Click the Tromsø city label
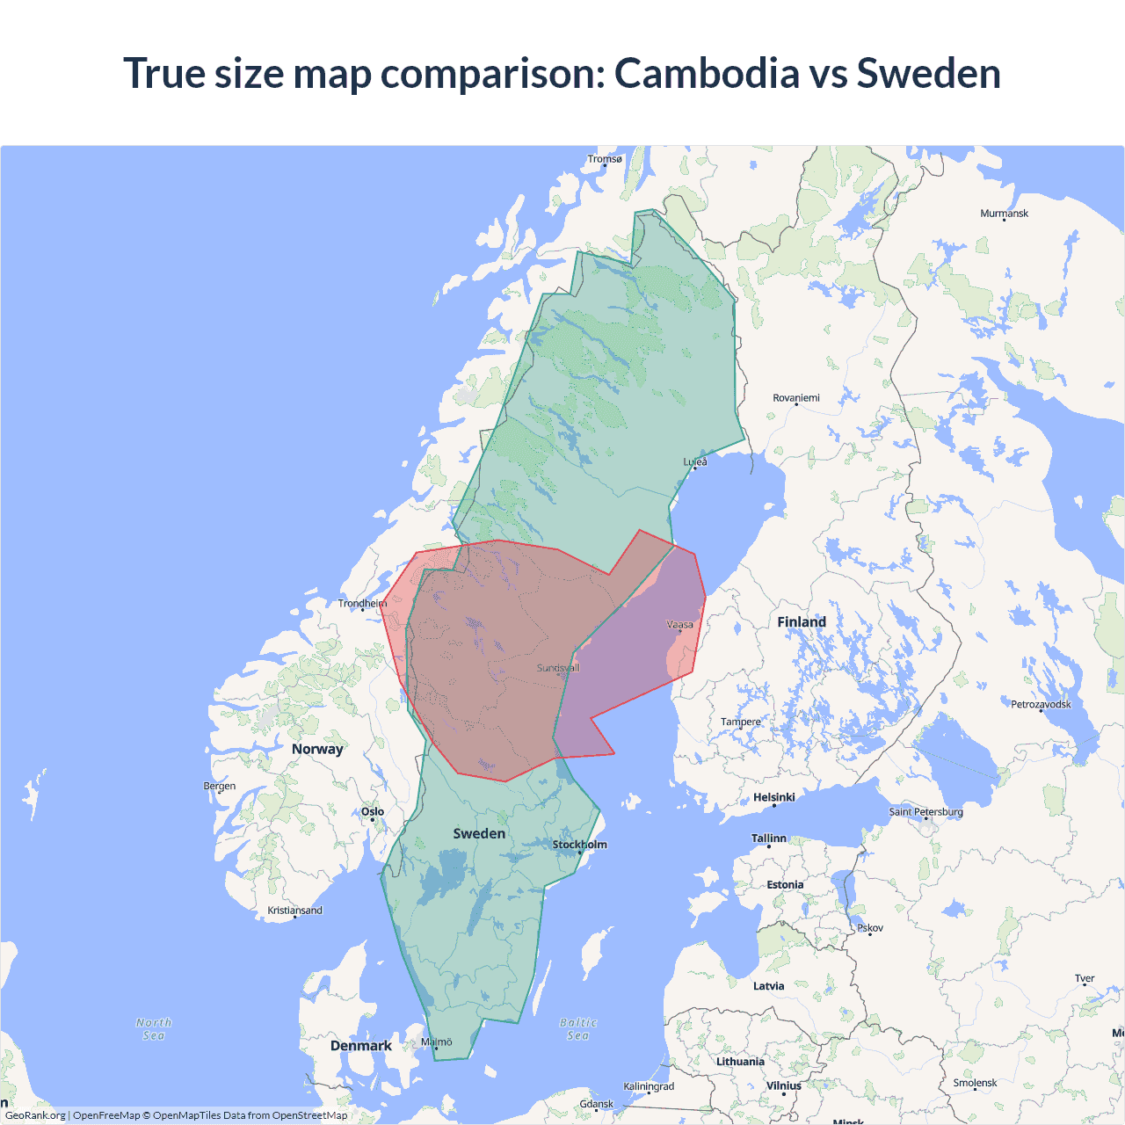pos(605,159)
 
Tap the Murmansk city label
pos(1004,214)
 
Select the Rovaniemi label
pos(795,398)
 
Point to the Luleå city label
pos(695,461)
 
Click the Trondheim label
pos(362,603)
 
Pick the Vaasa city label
pos(679,625)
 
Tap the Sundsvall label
pos(558,668)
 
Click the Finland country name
pos(801,622)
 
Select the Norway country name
pos(317,749)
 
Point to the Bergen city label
pos(219,786)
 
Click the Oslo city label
pos(373,812)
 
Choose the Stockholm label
pos(579,845)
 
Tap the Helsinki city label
pos(773,797)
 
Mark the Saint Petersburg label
pos(925,811)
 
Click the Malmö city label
pos(436,1042)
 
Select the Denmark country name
pos(360,1046)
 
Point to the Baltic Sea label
pos(577,1029)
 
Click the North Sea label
pos(154,1029)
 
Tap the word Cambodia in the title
pos(707,73)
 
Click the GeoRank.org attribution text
pos(35,1115)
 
